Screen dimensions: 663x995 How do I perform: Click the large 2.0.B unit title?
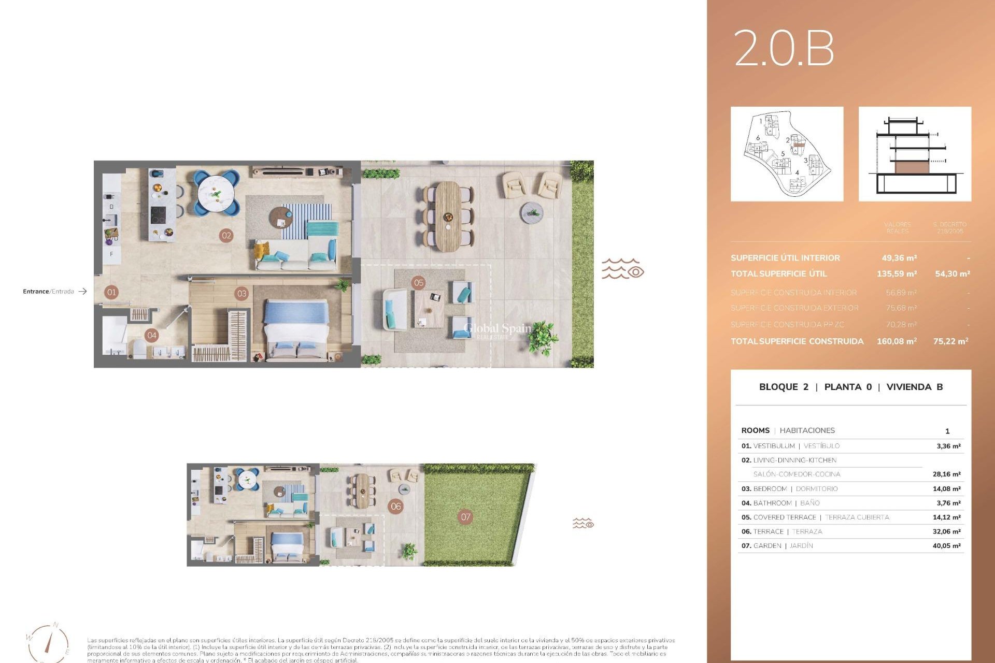point(784,49)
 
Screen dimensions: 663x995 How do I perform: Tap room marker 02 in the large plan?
point(226,236)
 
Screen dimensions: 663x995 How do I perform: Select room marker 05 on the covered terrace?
point(419,283)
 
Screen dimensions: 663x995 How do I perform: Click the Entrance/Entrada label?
point(49,292)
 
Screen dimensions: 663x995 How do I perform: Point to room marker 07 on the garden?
point(465,516)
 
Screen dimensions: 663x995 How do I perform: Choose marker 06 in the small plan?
point(396,507)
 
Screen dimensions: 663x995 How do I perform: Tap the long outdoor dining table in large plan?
point(447,216)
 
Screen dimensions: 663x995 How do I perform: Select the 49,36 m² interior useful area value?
point(899,258)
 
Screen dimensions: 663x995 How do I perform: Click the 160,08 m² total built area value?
point(897,341)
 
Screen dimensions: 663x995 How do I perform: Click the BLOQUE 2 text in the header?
point(783,387)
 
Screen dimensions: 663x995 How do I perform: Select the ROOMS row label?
point(755,430)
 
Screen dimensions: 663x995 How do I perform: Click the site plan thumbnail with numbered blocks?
point(787,154)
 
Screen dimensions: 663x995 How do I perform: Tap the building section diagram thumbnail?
point(915,154)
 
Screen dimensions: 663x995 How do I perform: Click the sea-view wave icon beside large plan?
point(622,269)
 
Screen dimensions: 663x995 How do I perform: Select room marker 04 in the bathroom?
point(152,335)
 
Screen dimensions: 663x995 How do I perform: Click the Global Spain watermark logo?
point(497,329)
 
